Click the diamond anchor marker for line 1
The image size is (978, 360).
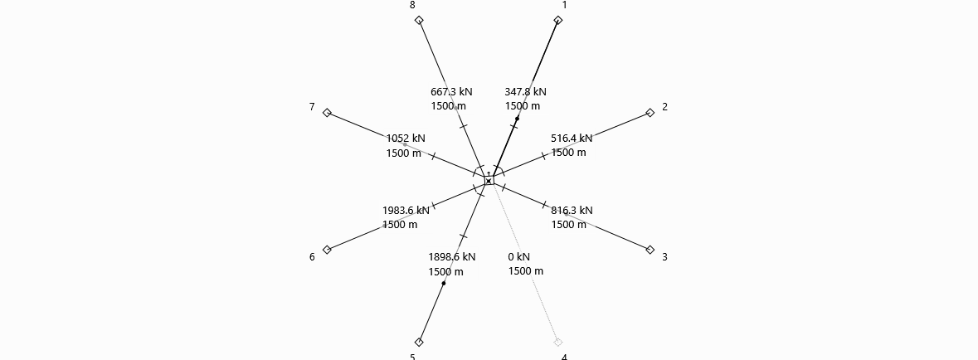(558, 21)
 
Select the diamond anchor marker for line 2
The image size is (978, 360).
(650, 113)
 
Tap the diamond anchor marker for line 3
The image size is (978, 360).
(650, 250)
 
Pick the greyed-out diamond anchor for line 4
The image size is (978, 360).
(558, 342)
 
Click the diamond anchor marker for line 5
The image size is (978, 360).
(419, 342)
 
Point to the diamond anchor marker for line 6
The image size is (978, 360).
(327, 250)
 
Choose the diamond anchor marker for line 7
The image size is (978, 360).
(327, 113)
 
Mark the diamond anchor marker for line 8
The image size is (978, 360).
(419, 21)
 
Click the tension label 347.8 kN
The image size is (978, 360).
(525, 92)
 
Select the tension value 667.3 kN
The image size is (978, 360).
(451, 92)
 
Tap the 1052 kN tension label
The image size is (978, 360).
(406, 139)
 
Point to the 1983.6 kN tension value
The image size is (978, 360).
(406, 210)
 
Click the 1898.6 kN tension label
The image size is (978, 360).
(451, 257)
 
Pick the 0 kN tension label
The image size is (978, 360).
(519, 256)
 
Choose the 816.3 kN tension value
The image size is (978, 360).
(572, 210)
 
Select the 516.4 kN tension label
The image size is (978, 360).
(572, 139)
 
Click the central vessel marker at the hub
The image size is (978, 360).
(489, 181)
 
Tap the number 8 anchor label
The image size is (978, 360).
(412, 5)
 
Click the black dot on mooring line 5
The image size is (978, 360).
(444, 283)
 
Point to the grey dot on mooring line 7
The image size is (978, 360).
(405, 145)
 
